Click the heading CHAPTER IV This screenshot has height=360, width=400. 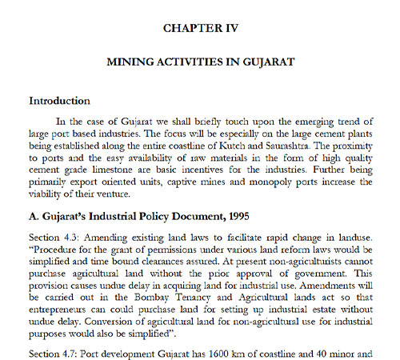click(x=201, y=27)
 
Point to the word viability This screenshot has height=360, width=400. click(x=50, y=196)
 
